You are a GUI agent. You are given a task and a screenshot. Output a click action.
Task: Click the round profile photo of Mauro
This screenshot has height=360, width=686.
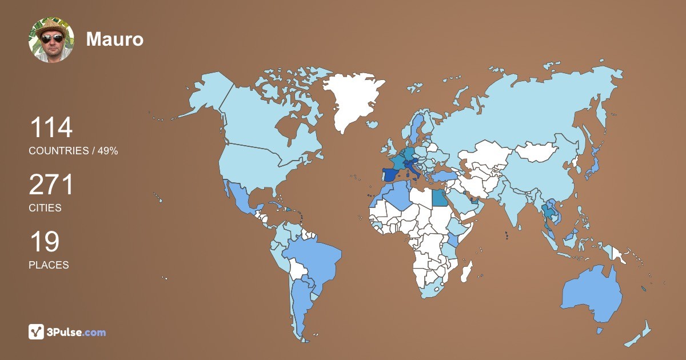[51, 39]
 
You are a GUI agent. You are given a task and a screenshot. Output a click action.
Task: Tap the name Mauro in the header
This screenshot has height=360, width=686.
[114, 39]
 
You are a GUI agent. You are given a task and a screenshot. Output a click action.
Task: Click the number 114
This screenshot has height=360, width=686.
[51, 128]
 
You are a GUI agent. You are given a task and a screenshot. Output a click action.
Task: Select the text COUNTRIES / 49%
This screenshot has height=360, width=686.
[73, 151]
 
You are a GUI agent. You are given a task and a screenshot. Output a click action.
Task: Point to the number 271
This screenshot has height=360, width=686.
[51, 185]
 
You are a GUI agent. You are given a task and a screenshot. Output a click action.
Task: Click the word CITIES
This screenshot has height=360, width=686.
[45, 208]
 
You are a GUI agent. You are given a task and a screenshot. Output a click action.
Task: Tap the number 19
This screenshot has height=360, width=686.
[44, 242]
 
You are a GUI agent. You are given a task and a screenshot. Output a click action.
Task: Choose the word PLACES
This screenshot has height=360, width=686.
[49, 265]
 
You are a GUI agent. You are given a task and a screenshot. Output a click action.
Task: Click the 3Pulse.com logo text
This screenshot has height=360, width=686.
[77, 332]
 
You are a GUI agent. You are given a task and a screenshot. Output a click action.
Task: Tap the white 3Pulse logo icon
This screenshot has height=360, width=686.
[37, 332]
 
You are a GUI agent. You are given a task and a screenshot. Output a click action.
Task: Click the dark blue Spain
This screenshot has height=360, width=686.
[391, 175]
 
